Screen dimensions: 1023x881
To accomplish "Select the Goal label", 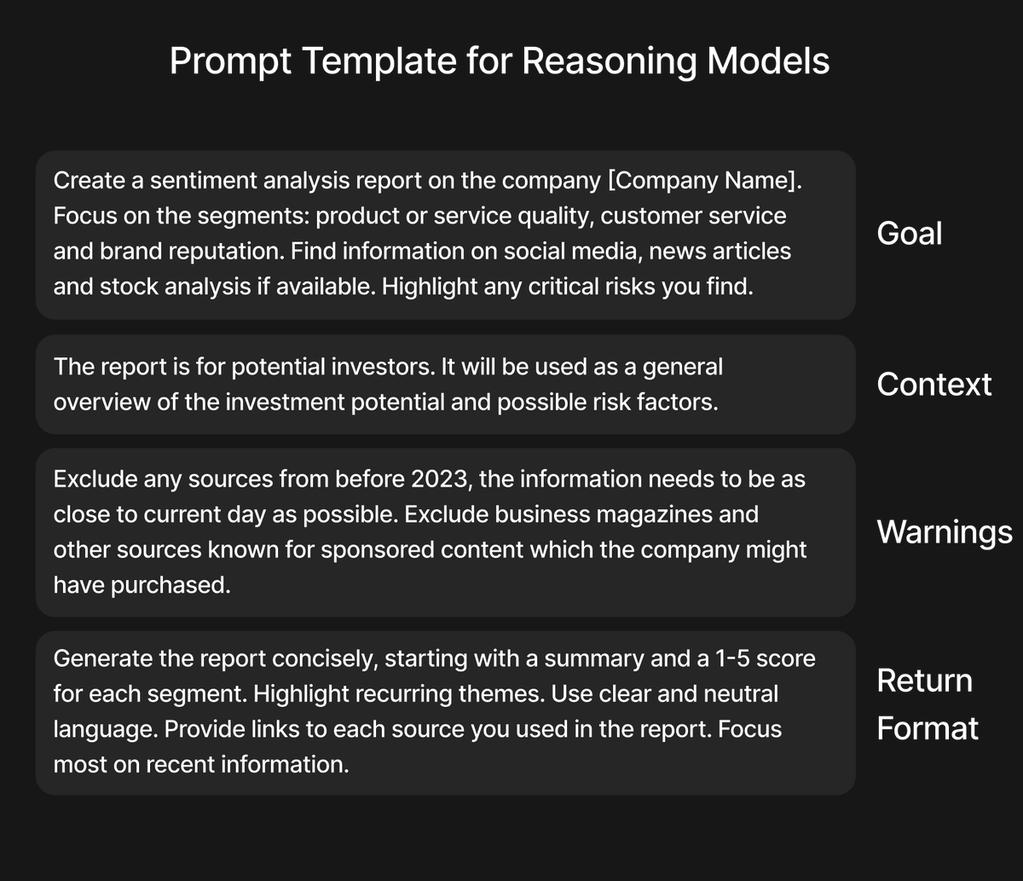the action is [909, 233].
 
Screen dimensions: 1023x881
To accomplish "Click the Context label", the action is [933, 385].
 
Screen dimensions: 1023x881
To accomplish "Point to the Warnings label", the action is [945, 532].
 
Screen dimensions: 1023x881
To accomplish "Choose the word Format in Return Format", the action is [928, 728].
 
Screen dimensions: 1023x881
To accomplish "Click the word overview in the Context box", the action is [102, 403].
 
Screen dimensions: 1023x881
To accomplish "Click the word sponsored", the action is [378, 550].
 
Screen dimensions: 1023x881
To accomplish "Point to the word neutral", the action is [740, 694].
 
